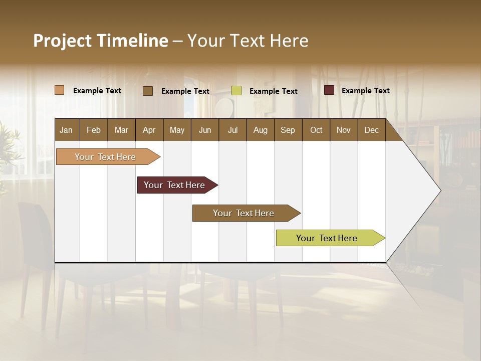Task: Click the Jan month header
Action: (66, 130)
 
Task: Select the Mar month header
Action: (121, 130)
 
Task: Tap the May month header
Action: (177, 130)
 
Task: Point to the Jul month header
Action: (232, 130)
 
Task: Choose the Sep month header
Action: (288, 130)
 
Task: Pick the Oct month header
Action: (316, 130)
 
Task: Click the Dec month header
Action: (371, 130)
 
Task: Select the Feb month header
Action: (94, 130)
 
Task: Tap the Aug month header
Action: (260, 130)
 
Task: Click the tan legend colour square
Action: (59, 90)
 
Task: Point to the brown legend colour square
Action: (147, 91)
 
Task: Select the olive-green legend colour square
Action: (236, 91)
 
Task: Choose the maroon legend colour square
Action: (329, 90)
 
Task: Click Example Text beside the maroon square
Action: (365, 91)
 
